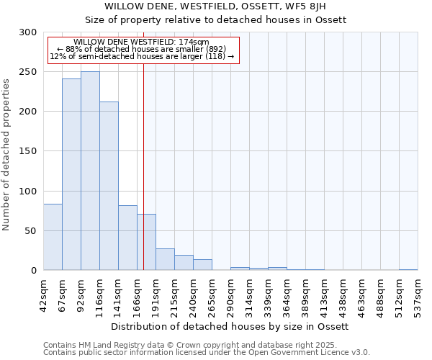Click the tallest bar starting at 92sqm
(x=90, y=171)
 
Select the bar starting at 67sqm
(x=71, y=175)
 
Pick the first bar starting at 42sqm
(x=53, y=238)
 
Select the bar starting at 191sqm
(x=165, y=260)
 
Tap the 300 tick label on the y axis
(x=28, y=32)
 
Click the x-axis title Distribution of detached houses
(x=230, y=326)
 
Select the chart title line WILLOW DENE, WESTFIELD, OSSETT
(x=215, y=6)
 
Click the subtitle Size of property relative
(x=215, y=19)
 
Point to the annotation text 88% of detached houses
(x=141, y=49)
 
